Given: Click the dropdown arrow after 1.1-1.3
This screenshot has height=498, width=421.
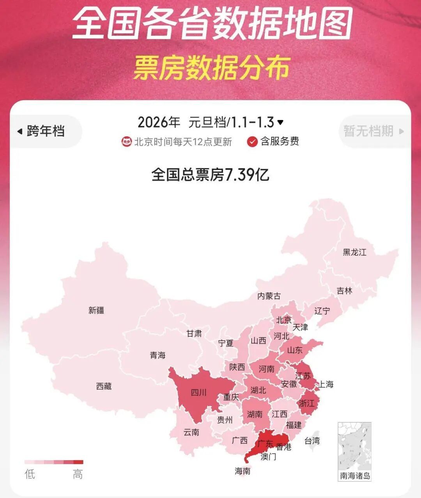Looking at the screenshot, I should tap(280, 122).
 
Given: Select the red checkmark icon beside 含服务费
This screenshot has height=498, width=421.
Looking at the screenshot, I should tap(252, 141).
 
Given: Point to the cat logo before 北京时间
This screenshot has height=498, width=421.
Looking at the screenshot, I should tap(126, 141).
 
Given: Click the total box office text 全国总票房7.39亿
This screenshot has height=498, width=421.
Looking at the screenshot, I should tap(210, 175).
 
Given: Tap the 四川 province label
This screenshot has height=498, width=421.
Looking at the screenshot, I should tap(199, 392).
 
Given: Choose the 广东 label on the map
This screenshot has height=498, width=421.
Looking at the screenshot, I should tap(265, 443).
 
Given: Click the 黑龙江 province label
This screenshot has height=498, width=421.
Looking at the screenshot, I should tap(354, 252).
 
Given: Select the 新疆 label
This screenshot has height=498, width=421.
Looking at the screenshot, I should tap(96, 310).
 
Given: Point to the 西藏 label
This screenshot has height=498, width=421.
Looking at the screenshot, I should tap(104, 386).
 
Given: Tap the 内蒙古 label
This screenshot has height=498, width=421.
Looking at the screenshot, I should tap(269, 296).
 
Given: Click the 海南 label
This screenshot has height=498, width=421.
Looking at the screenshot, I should tap(242, 471).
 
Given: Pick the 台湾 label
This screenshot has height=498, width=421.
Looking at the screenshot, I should tap(312, 441).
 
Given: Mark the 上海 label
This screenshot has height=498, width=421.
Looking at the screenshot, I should tap(326, 385).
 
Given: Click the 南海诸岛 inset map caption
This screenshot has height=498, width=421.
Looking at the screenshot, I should tap(355, 476).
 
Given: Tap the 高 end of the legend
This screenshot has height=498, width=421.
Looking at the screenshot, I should tap(78, 474).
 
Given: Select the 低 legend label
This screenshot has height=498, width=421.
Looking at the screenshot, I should tap(30, 474).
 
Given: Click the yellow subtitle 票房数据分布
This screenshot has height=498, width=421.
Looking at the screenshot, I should tap(212, 68).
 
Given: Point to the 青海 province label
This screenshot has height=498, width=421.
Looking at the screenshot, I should tap(158, 355).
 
